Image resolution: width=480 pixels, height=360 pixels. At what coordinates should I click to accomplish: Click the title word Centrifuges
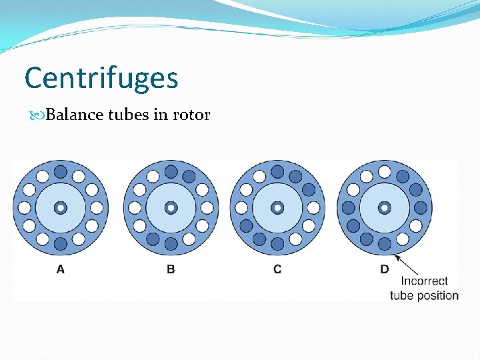point(101,78)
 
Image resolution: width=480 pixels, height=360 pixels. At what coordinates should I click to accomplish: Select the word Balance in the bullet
point(71,115)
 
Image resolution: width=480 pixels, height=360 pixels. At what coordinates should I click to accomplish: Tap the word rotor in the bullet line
point(191,115)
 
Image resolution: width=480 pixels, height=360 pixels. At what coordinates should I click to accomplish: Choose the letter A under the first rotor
point(60,269)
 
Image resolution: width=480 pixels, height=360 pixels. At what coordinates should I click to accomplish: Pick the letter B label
point(171,269)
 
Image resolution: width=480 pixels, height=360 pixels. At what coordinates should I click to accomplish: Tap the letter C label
point(277,269)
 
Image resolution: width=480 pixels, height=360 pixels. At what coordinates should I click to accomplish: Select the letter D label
point(385,269)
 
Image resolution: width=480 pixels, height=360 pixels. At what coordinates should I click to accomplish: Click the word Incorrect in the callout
point(425,281)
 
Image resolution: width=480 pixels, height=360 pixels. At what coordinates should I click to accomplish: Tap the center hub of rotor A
point(60,208)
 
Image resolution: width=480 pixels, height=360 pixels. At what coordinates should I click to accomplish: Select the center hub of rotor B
point(171,208)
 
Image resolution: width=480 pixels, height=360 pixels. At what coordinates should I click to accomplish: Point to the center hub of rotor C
point(277,208)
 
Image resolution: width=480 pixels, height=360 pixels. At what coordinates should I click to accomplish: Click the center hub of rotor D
point(385,208)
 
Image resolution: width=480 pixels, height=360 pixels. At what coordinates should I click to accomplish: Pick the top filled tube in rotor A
point(60,172)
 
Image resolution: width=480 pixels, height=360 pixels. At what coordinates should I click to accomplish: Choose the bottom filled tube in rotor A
point(60,244)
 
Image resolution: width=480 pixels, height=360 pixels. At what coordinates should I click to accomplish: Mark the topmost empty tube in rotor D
point(385,172)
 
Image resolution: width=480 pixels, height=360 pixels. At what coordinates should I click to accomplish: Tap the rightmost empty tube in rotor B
point(207,208)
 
